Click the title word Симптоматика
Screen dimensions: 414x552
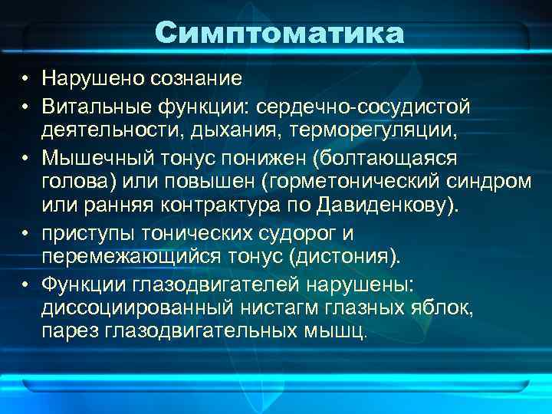pos(278,33)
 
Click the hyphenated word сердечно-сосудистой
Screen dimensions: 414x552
pos(363,103)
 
